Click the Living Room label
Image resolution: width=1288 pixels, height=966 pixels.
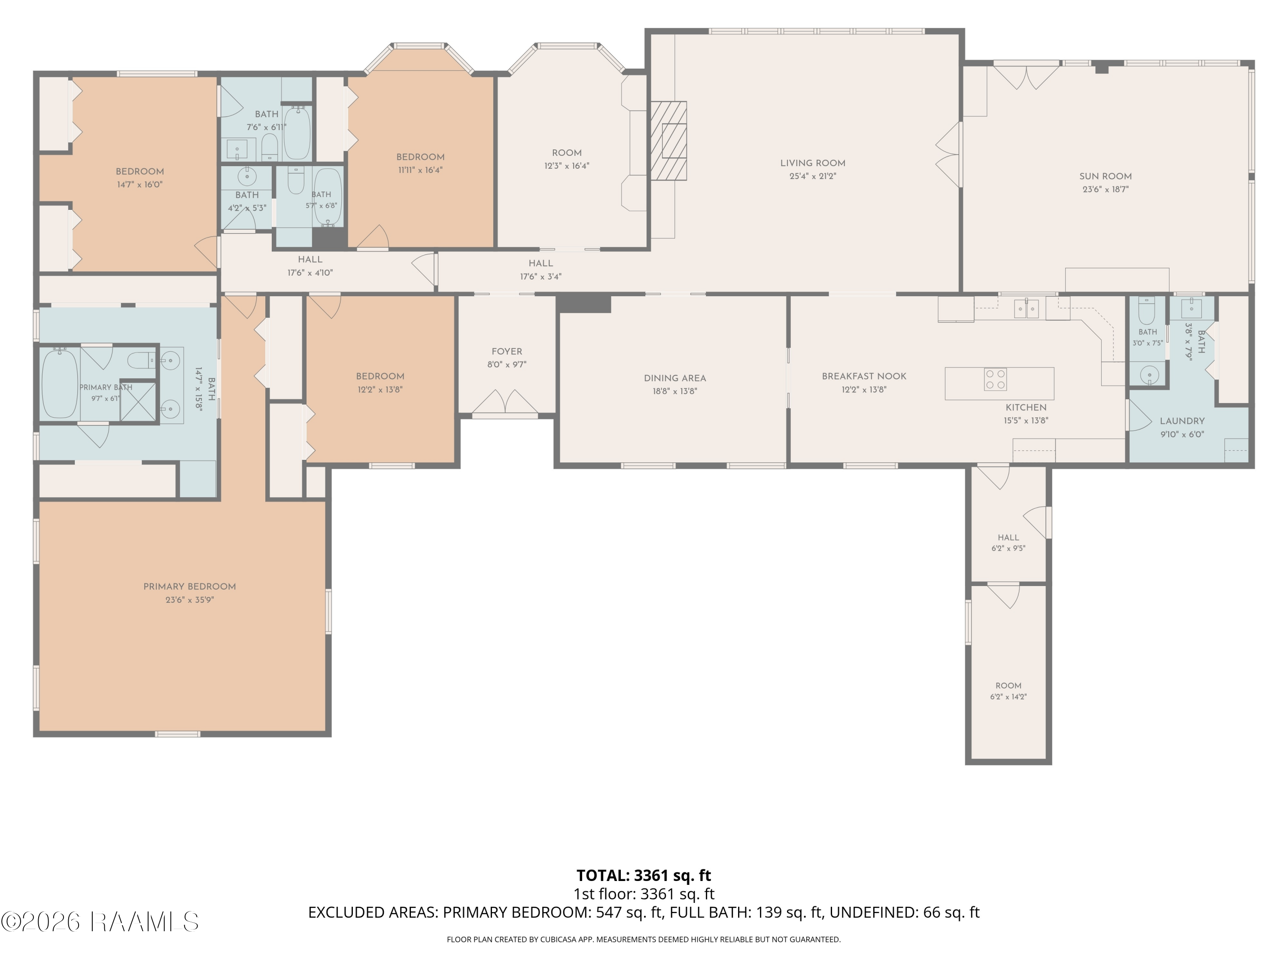point(813,164)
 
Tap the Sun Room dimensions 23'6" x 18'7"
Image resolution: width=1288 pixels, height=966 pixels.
point(1105,189)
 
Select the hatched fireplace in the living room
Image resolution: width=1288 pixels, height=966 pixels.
point(668,141)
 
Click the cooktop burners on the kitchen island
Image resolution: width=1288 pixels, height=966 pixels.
point(995,380)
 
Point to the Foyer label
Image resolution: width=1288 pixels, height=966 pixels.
point(507,352)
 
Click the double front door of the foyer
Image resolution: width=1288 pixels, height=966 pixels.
point(505,404)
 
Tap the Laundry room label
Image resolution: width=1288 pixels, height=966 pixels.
point(1182,421)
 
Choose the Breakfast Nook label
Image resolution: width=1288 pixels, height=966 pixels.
point(864,376)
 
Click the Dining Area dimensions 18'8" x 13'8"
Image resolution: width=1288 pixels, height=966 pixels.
point(675,391)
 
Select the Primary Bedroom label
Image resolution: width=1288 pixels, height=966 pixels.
point(190,587)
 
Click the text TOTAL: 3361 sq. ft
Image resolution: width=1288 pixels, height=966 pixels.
point(644,876)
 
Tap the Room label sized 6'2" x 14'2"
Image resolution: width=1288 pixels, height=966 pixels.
point(1009,686)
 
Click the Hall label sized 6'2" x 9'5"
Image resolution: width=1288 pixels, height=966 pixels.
point(1009,538)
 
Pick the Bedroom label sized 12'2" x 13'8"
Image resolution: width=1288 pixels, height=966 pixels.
point(380,377)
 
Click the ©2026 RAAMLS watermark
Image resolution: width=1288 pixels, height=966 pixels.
point(100,922)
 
